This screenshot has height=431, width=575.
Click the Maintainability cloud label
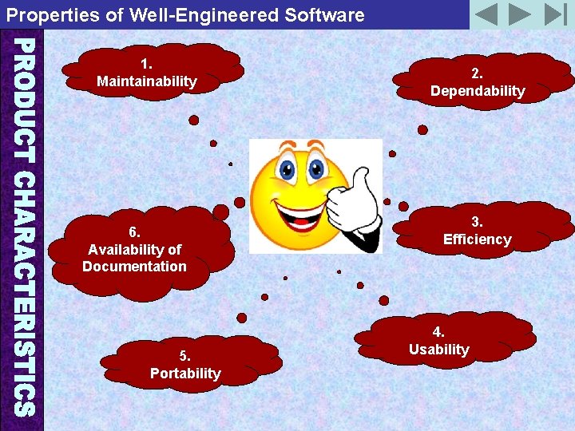point(146,81)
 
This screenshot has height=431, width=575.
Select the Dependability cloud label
point(478,91)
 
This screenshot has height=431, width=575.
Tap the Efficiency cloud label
point(477,239)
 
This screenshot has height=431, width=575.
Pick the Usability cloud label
point(438,350)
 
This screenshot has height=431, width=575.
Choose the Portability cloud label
point(185,374)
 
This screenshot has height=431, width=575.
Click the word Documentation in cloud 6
point(134,267)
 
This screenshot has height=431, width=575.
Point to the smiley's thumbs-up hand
point(355,199)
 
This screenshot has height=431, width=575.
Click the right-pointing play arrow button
point(520,14)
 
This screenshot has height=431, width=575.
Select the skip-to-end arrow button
point(554,14)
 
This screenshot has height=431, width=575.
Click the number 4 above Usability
point(438,332)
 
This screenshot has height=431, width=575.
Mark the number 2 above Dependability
point(476,73)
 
